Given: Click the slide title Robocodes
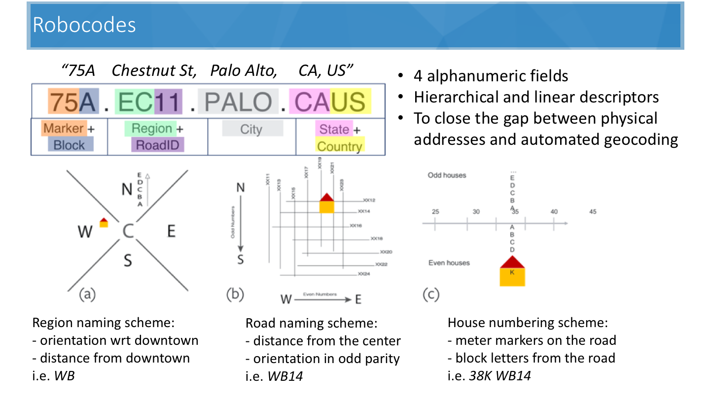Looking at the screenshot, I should point(84,25).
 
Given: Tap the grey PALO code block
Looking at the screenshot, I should point(239,102).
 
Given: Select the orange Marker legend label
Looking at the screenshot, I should point(63,129).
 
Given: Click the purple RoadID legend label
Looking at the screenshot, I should point(157,145).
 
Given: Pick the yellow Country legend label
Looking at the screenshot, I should point(339,146).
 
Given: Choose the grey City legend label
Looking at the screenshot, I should point(252,129).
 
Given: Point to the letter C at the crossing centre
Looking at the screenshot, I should point(128,231).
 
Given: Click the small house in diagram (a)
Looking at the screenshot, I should point(104,223).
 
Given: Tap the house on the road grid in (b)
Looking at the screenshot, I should point(326,203).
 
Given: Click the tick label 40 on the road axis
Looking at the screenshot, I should point(554,212).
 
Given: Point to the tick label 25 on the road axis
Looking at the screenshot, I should point(435,212).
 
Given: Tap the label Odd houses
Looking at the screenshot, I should point(447,175).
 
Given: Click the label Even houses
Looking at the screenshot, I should point(449,263).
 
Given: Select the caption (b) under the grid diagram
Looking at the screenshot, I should point(235,295).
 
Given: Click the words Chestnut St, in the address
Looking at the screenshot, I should point(154,71).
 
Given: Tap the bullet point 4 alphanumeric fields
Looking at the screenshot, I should point(491,76).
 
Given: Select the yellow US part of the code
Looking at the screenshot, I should point(348,102).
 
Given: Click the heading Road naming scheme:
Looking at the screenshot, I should point(312,324).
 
